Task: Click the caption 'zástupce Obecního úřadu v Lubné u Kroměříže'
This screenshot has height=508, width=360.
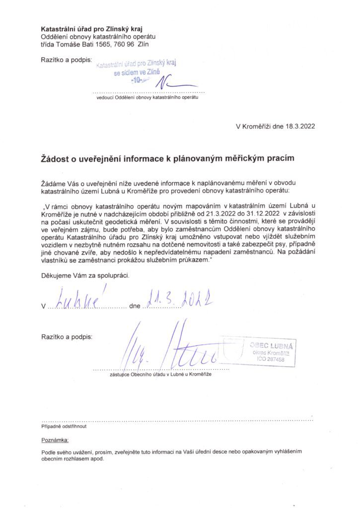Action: (x=161, y=375)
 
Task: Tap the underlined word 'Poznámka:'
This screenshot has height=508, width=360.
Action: (x=56, y=440)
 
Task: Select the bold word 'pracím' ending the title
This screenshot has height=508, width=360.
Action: (x=281, y=158)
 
